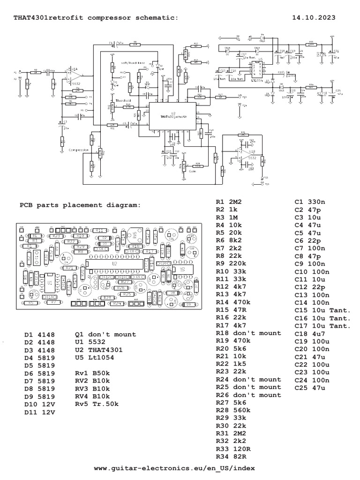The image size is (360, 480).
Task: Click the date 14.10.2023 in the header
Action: [314, 17]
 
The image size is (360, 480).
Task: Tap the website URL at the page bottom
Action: [175, 468]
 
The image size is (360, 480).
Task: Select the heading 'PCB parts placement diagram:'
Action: [79, 205]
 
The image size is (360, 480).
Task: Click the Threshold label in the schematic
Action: [123, 100]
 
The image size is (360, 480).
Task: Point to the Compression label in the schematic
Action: [79, 150]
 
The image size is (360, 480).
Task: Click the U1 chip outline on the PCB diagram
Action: [49, 284]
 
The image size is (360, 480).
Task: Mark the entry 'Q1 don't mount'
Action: [105, 335]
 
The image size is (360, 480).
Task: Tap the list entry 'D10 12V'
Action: [40, 404]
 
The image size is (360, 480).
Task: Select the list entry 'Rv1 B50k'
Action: [92, 373]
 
